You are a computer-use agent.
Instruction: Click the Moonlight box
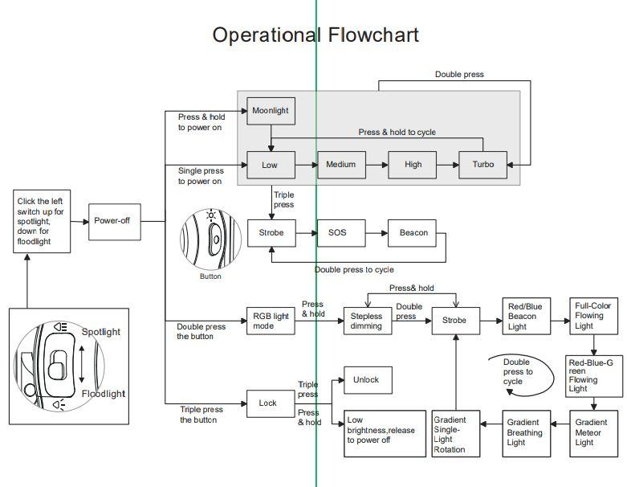271,111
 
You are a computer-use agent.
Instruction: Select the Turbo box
482,165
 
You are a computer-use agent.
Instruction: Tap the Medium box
341,165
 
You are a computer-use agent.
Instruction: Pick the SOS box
336,233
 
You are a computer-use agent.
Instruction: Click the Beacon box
413,233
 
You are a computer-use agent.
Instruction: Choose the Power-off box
112,220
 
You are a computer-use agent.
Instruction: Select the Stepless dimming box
367,321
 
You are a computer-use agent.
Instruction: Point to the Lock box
267,403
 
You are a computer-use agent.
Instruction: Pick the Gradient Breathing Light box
524,432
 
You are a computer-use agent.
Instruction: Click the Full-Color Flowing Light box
595,316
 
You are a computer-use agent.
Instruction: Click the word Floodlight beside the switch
104,394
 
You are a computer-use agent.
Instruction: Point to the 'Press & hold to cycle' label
397,133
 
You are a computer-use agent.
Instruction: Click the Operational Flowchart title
316,35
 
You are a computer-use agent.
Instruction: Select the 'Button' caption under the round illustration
210,276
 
